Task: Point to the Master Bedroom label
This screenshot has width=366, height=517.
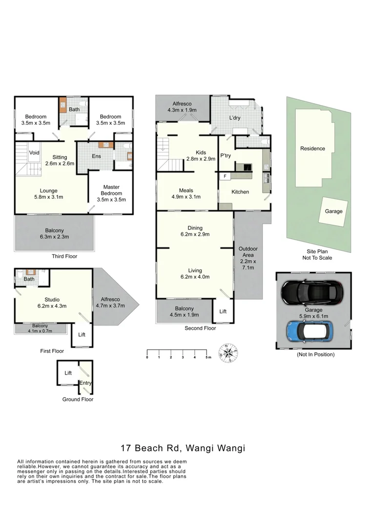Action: click(111, 190)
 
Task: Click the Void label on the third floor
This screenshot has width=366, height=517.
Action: click(34, 153)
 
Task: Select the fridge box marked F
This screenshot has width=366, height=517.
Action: click(225, 176)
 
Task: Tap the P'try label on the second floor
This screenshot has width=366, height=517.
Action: click(225, 156)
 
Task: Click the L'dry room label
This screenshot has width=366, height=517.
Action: click(236, 118)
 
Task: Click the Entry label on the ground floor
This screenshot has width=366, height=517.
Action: click(85, 383)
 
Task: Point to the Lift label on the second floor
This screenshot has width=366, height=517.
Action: click(223, 311)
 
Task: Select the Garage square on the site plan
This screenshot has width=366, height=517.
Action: click(334, 211)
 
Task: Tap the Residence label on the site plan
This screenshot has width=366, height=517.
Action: click(312, 149)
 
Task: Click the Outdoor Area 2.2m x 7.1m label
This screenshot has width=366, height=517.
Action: click(248, 258)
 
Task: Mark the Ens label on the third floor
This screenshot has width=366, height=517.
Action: click(96, 156)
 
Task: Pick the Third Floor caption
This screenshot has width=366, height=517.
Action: click(64, 256)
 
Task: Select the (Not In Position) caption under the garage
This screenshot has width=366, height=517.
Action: click(315, 354)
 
